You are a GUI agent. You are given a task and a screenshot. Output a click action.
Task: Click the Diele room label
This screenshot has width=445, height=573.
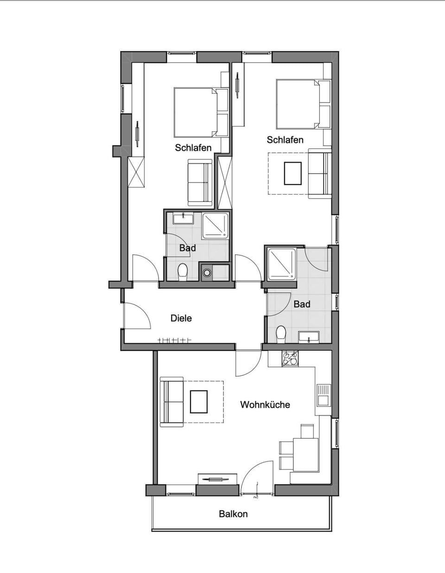[181, 318]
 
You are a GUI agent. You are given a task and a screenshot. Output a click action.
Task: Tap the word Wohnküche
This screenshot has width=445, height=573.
[265, 405]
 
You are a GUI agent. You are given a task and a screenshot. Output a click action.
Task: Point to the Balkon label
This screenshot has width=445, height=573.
[233, 514]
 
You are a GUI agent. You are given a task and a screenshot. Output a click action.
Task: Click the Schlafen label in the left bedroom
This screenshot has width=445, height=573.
[193, 148]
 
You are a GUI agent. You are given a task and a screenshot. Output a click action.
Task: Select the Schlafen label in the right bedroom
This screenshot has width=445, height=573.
[285, 140]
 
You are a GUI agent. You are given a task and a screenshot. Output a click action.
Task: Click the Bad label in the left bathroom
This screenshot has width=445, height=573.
[187, 248]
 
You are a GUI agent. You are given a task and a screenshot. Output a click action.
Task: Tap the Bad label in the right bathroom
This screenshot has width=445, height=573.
[302, 304]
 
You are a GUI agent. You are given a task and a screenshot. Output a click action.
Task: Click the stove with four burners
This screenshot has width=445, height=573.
[290, 358]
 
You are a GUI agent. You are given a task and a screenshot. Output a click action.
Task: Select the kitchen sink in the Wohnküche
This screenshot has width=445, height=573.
[323, 395]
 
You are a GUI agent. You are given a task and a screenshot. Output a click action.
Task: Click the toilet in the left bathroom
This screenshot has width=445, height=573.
[183, 271]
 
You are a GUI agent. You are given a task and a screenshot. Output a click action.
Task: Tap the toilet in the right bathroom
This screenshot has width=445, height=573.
[281, 334]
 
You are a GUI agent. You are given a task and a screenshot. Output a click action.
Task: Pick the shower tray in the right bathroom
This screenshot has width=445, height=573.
[281, 264]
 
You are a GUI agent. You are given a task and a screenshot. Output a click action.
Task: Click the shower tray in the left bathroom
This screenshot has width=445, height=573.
[216, 225]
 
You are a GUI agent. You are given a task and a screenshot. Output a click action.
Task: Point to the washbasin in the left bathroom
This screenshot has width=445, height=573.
[183, 218]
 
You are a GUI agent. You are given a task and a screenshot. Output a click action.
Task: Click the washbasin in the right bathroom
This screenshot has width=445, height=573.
[308, 336]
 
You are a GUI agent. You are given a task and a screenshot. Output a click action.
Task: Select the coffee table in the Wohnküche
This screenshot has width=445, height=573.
[198, 402]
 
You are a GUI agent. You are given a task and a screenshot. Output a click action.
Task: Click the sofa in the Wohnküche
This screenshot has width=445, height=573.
[172, 402]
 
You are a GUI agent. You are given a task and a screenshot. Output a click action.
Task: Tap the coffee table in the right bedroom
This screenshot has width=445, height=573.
[292, 173]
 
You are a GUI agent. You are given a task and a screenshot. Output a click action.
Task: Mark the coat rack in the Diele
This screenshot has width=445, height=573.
[174, 340]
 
